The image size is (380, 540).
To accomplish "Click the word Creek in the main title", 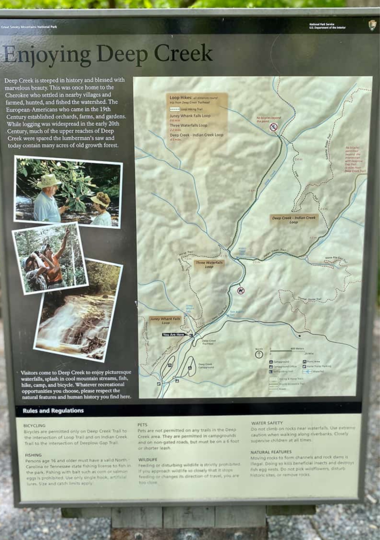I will tap(183, 54).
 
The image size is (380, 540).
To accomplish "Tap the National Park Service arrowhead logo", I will tap(372, 26).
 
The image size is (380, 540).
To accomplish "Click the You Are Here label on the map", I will tap(174, 335).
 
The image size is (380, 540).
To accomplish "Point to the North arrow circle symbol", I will tap(259, 354).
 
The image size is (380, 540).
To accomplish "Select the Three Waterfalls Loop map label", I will tap(209, 264).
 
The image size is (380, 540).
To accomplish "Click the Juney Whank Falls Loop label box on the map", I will tap(165, 321).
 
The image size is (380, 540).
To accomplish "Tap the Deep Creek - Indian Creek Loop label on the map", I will tap(294, 220).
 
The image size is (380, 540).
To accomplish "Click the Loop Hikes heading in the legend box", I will tap(180, 97).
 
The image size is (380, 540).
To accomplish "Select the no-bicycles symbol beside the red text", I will tap(273, 127).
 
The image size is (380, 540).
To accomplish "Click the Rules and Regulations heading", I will tap(53, 411).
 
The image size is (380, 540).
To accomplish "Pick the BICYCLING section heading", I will tap(35, 426).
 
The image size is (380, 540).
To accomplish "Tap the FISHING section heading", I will tap(33, 455).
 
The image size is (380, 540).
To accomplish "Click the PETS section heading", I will tap(142, 425).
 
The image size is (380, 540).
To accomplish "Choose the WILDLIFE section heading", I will tap(148, 459).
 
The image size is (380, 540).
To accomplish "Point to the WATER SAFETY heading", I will tap(267, 423).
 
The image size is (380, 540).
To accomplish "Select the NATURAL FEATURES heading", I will tap(271, 452).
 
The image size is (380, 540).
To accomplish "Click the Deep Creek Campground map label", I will tap(206, 365).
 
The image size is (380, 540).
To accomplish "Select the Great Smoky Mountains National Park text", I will tap(29, 27).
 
